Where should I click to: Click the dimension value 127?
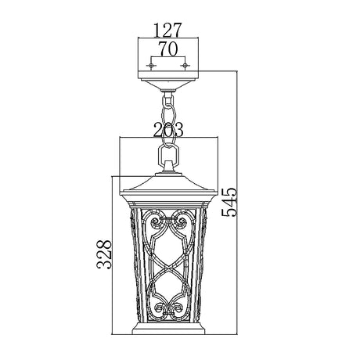point(167,31)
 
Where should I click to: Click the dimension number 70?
point(167,49)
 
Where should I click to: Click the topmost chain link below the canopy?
point(167,99)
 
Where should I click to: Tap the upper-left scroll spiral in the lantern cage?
point(157,225)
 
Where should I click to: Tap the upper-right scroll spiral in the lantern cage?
point(179,225)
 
